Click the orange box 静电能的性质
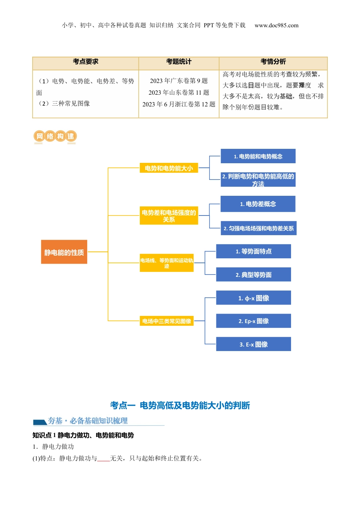point(64,252)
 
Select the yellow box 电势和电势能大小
point(169,168)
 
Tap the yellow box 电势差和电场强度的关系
point(169,215)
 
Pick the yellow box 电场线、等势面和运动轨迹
point(166,263)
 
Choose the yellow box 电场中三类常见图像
point(166,321)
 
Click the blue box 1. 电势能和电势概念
point(258,156)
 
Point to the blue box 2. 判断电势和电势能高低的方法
point(258,180)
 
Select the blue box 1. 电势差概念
point(258,204)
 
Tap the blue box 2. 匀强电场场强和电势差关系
point(258,228)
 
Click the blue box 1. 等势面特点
point(253,251)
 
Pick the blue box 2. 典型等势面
point(253,275)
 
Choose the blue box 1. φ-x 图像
point(253,298)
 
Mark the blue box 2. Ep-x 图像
point(253,321)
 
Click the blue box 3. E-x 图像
point(253,344)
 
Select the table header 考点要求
point(86,62)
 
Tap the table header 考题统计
point(179,62)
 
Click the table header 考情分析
point(273,62)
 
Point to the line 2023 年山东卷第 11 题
point(179,92)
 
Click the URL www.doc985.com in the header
point(276,25)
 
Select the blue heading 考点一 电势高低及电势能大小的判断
point(180,405)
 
